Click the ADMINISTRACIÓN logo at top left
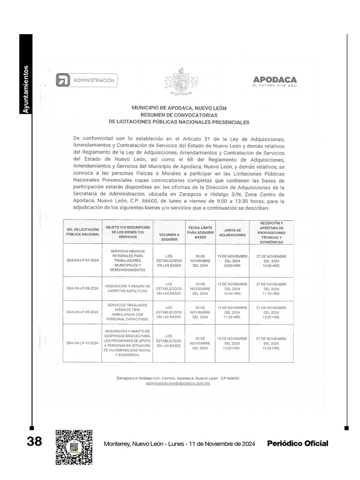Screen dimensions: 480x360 point(87,81)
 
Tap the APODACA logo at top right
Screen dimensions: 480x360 point(275,82)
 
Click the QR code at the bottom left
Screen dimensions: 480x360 point(74,447)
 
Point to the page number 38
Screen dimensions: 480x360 point(34,442)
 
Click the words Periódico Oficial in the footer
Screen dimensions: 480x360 point(298,443)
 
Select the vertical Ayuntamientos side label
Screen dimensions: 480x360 point(26,89)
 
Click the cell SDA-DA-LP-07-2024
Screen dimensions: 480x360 point(82,260)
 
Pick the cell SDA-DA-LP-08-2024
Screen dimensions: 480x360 point(82,288)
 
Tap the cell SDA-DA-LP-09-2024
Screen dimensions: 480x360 point(82,312)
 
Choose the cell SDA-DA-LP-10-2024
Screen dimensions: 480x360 point(82,343)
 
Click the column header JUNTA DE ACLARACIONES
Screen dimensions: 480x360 point(232,232)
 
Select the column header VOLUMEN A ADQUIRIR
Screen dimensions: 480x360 point(169,236)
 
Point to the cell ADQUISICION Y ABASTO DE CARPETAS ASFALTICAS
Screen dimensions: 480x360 point(127,288)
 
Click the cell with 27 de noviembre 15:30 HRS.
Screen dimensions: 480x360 point(271,343)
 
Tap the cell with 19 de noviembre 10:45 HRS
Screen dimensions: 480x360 point(232,289)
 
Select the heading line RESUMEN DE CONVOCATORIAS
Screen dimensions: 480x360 point(179,115)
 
